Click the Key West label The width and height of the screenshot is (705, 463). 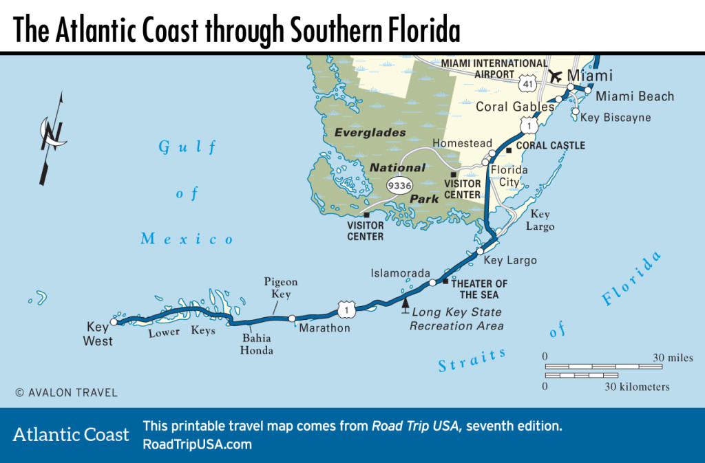pyautogui.click(x=98, y=334)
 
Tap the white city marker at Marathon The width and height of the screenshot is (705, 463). pyautogui.click(x=292, y=319)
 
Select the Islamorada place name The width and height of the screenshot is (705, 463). pyautogui.click(x=400, y=272)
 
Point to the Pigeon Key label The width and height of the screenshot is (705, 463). pyautogui.click(x=281, y=288)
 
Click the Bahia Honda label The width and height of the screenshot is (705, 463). pyautogui.click(x=257, y=344)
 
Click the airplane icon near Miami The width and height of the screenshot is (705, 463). pyautogui.click(x=554, y=76)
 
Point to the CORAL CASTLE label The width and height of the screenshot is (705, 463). pyautogui.click(x=550, y=146)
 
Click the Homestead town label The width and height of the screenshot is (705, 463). pyautogui.click(x=462, y=143)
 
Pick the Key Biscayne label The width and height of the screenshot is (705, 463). pyautogui.click(x=615, y=118)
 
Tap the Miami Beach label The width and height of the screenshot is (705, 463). pyautogui.click(x=634, y=96)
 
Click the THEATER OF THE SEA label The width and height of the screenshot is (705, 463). pyautogui.click(x=479, y=289)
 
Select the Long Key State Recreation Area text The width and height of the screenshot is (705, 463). pyautogui.click(x=456, y=319)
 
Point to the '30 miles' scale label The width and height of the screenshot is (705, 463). pyautogui.click(x=673, y=357)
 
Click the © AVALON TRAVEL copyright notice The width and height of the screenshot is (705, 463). pyautogui.click(x=66, y=393)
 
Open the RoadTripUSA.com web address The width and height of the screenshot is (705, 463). pyautogui.click(x=197, y=444)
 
